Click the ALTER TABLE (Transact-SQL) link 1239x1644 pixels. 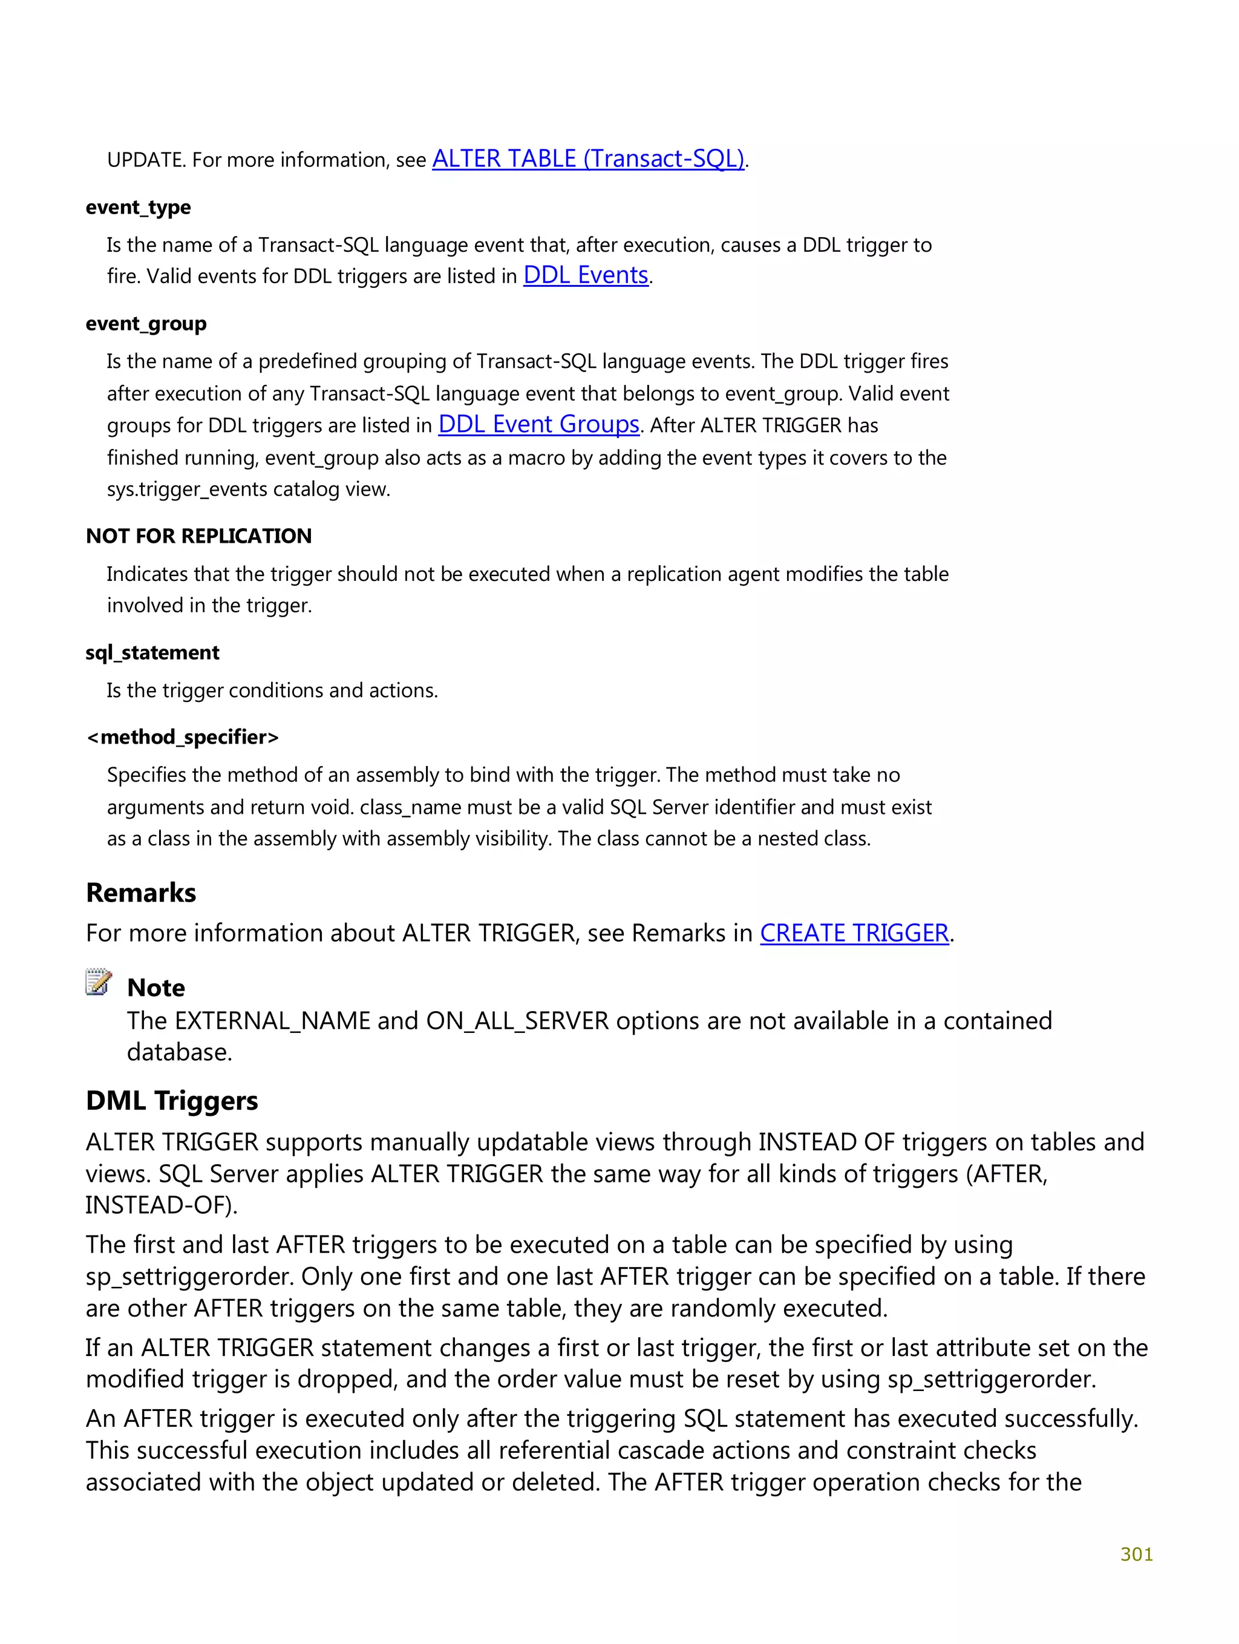588,159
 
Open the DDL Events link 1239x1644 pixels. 586,276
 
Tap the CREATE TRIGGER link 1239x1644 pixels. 854,933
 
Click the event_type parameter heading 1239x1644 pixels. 139,208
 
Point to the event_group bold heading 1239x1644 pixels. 146,324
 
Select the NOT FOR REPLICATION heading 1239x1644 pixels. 199,536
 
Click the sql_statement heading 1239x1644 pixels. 152,652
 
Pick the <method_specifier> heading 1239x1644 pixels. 183,737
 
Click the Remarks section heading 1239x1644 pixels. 141,892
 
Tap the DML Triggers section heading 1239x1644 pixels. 172,1101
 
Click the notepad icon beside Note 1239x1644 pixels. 99,983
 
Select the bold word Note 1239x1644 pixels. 156,987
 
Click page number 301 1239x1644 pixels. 1136,1554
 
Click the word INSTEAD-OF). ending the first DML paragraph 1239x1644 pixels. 162,1205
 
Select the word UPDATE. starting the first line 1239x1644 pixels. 146,160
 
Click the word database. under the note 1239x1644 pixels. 179,1052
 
